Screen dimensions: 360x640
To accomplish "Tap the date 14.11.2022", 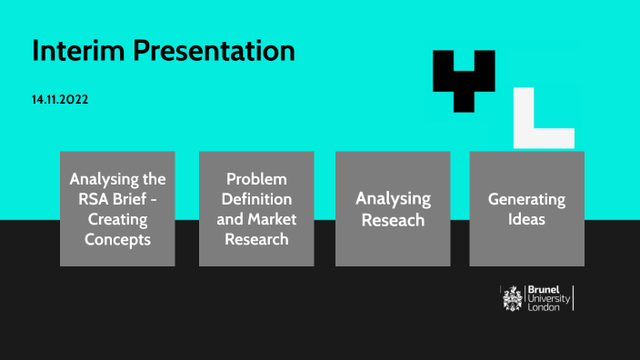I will tap(60, 98).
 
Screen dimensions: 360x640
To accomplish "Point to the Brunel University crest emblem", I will tap(514, 297).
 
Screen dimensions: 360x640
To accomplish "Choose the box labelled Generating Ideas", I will tap(526, 208).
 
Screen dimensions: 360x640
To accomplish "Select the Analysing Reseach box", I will tap(393, 208).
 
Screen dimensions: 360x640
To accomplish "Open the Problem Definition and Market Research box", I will tap(256, 208).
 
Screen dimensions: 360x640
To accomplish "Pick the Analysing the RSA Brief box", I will tap(117, 208).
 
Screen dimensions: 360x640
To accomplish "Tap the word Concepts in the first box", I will tap(117, 240).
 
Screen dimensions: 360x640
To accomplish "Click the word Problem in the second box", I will tap(257, 178).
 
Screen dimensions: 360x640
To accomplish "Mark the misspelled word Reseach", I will tap(393, 220).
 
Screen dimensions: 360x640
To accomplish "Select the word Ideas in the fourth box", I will tap(527, 219).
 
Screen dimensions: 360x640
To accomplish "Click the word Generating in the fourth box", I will tap(527, 199).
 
